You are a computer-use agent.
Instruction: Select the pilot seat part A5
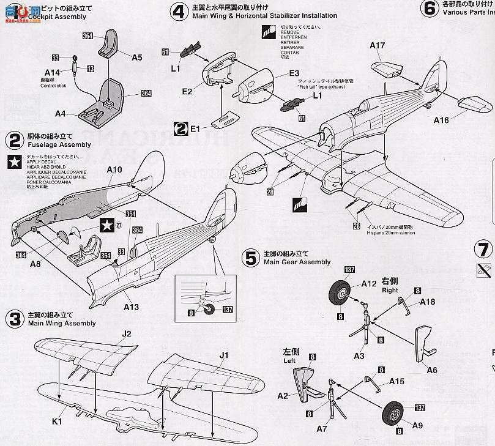(x=110, y=41)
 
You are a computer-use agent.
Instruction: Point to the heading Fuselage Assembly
(x=59, y=145)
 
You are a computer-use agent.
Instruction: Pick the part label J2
(x=127, y=334)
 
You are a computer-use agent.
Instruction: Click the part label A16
(x=441, y=121)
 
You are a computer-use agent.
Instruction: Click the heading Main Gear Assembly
(x=297, y=262)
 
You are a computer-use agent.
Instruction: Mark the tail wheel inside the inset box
(x=209, y=309)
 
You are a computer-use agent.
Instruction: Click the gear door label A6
(x=431, y=370)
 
